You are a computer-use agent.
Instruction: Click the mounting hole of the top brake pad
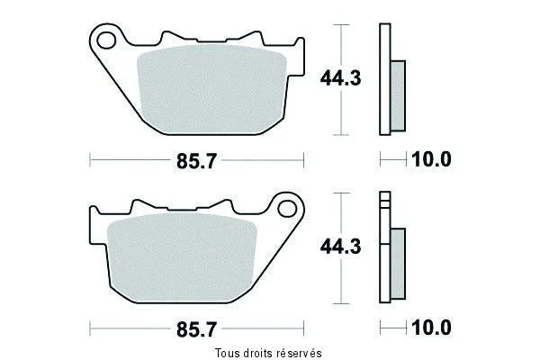coord(106,40)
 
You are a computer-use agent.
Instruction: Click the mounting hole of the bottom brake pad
coord(287,209)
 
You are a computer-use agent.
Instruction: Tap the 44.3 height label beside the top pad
coord(340,78)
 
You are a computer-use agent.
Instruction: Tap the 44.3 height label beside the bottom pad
coord(340,247)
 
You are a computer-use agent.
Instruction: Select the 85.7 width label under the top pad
coord(196,161)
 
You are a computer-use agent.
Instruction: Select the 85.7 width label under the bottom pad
coord(196,329)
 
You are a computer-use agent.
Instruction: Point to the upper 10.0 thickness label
coord(431,159)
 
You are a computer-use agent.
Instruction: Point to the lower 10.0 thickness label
coord(431,328)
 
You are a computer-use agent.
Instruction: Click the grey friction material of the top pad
coord(211,89)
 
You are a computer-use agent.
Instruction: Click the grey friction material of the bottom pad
coord(183,257)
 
